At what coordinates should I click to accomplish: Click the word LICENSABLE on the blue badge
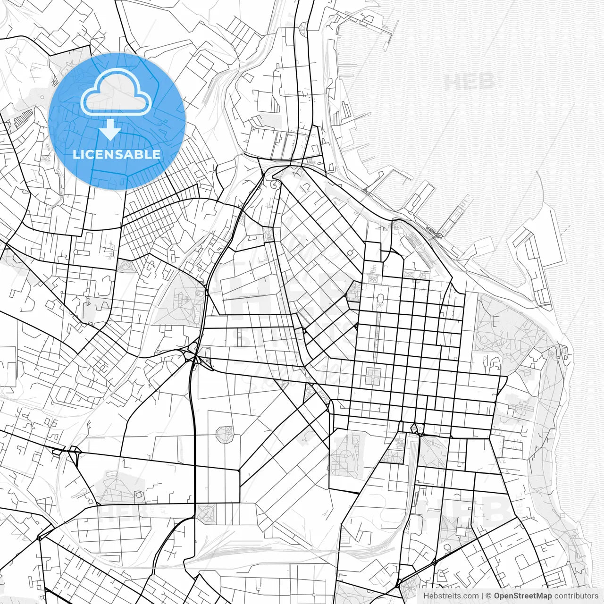[117, 154]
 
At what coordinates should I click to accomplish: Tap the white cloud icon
[116, 93]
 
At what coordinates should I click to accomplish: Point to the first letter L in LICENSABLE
[75, 154]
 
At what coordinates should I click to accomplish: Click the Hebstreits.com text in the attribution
[451, 596]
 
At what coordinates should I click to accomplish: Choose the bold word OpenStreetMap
[523, 596]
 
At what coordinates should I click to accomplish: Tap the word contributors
[576, 596]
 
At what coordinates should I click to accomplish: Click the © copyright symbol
[489, 596]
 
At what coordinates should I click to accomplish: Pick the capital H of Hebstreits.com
[427, 596]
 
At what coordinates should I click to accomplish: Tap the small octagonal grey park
[225, 433]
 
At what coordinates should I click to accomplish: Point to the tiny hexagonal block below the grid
[416, 428]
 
